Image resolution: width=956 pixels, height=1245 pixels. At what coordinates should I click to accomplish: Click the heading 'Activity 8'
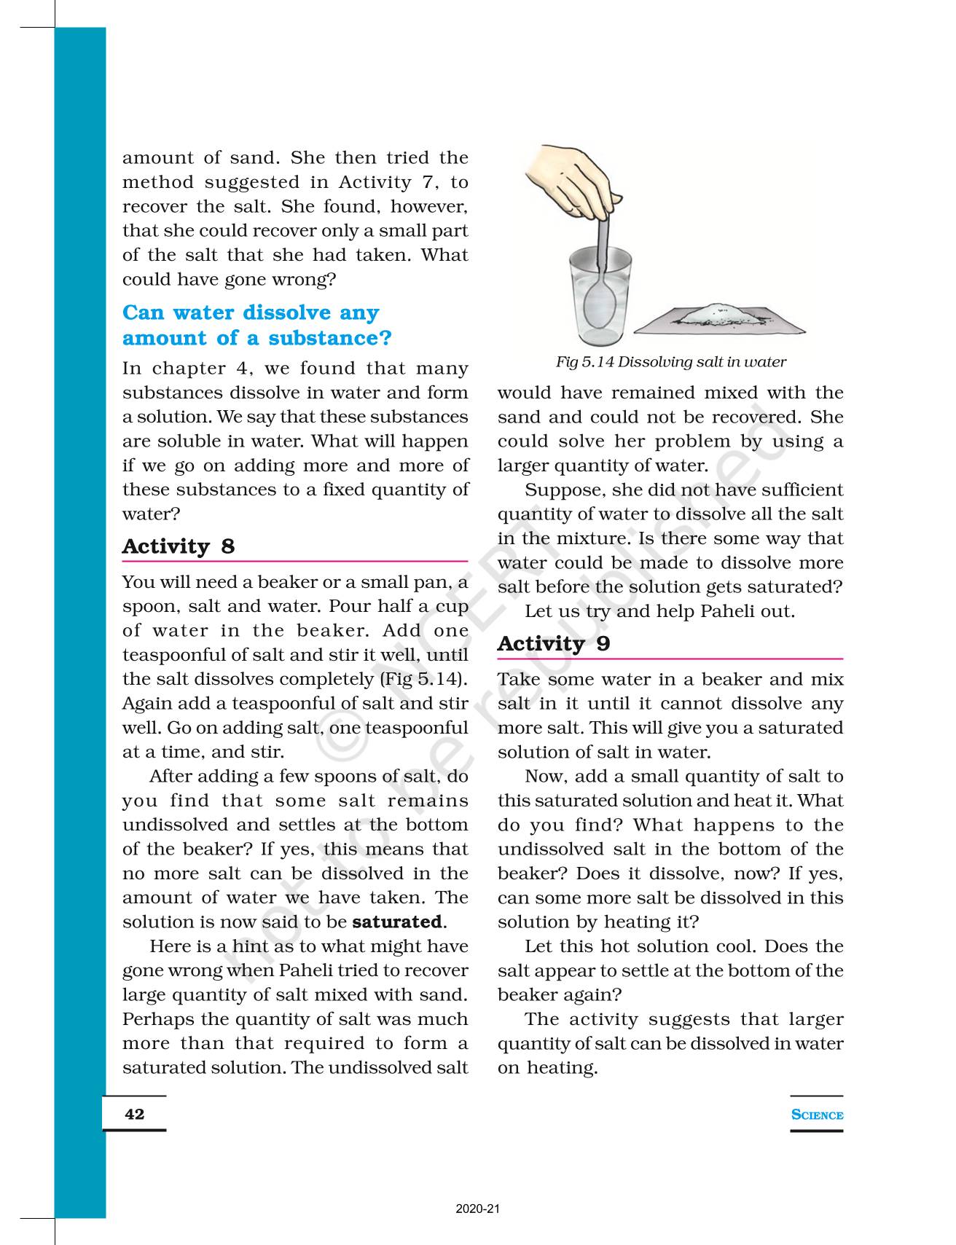coord(179,546)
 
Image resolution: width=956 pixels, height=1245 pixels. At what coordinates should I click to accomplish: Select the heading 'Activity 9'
coord(554,644)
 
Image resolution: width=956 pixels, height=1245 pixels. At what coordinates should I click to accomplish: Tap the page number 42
coord(135,1114)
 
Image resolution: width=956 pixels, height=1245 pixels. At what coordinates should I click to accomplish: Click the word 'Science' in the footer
coord(817,1115)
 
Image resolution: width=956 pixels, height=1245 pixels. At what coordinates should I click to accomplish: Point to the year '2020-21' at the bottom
coord(478,1209)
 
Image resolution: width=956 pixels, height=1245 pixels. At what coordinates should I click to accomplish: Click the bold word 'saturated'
coord(397,922)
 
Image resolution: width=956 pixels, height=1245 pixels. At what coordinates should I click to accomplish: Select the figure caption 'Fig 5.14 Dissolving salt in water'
coord(670,362)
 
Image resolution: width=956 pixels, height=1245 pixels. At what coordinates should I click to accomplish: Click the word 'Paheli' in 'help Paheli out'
coord(729,611)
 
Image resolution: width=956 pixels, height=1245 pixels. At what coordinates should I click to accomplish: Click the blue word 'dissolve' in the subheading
coord(286,313)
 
